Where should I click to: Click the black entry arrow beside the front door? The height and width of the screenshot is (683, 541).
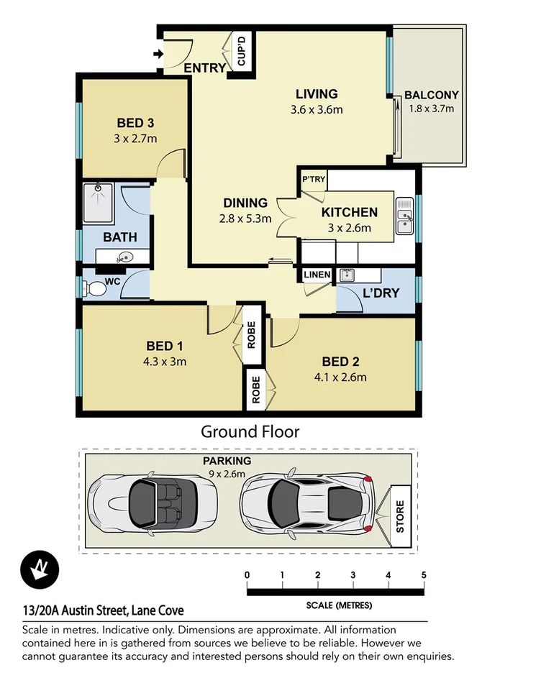click(158, 54)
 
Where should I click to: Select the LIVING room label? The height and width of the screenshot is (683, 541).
click(317, 94)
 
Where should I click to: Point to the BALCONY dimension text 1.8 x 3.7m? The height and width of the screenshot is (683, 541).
click(431, 109)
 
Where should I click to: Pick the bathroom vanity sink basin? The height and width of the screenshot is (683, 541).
click(125, 257)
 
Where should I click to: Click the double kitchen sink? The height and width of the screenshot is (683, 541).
click(404, 216)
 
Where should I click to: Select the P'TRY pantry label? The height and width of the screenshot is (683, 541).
click(313, 179)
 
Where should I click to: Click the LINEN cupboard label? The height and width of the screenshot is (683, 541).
click(317, 275)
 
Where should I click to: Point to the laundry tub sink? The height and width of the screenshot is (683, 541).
click(347, 274)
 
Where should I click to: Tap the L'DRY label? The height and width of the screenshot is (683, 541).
click(381, 293)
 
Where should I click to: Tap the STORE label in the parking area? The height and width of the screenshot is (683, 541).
click(401, 516)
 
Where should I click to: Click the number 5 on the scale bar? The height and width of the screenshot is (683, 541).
click(423, 574)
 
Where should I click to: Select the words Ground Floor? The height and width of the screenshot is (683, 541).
click(250, 431)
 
